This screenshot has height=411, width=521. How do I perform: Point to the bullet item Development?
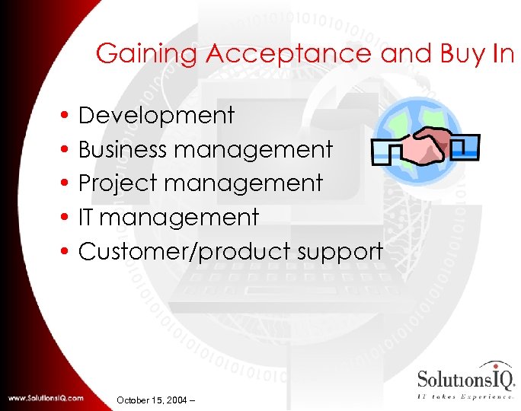pyautogui.click(x=156, y=116)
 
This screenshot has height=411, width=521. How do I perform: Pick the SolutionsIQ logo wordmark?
pyautogui.click(x=465, y=378)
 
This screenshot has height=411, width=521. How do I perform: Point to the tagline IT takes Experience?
pyautogui.click(x=465, y=397)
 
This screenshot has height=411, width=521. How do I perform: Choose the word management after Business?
pyautogui.click(x=254, y=150)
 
